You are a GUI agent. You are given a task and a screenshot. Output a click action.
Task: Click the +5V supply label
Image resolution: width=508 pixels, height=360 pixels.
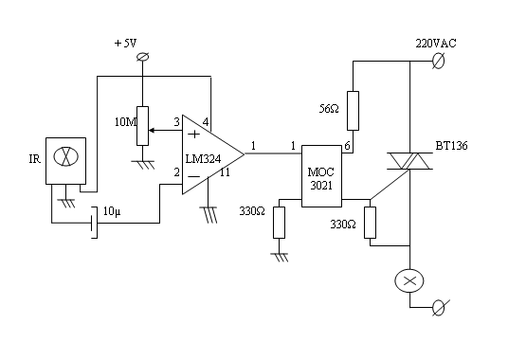coord(126,43)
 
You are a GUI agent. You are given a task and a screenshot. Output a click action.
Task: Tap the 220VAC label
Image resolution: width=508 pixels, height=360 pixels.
coord(436,43)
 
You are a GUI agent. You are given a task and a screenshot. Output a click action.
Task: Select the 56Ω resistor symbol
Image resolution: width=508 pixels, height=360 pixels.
coord(353,111)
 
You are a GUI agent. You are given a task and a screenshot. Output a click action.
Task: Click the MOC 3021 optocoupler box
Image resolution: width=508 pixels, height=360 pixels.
coord(321,176)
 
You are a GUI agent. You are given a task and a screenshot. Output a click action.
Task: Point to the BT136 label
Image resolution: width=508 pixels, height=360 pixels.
coord(451,146)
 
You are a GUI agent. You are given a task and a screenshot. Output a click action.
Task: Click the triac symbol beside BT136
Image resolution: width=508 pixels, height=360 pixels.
coord(409,161)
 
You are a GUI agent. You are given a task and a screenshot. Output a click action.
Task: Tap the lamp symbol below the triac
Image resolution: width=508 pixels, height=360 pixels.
coord(409,280)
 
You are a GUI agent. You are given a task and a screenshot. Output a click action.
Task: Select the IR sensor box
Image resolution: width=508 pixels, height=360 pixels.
coord(65,161)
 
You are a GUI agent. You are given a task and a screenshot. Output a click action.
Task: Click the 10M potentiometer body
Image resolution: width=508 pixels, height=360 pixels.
coord(142,126)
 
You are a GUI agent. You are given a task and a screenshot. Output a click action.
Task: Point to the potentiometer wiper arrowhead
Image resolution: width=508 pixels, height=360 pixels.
coord(151,131)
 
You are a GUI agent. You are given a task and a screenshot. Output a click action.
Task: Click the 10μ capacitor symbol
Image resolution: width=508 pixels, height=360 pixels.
coord(94,223)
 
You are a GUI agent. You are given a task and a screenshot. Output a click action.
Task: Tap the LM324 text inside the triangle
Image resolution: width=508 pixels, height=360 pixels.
coord(203,159)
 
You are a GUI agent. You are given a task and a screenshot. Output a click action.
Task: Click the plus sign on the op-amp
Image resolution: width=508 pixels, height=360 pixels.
coord(194,134)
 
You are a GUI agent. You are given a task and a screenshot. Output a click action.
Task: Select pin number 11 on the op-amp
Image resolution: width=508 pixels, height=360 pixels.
coord(225,172)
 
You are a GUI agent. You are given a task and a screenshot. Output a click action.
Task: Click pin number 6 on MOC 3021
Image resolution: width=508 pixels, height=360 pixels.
coord(347,146)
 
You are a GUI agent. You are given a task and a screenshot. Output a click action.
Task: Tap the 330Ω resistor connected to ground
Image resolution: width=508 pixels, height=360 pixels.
coord(279,223)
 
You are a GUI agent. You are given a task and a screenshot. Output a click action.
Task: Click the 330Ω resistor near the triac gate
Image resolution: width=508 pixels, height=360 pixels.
coord(370,223)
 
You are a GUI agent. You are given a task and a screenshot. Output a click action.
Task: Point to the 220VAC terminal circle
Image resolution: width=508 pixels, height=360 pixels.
coord(439,61)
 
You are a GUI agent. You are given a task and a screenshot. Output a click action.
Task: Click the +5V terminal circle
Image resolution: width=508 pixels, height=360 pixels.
coord(142,57)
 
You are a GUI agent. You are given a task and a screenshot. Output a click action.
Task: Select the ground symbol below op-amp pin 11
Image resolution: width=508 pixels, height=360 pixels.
coord(209,215)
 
